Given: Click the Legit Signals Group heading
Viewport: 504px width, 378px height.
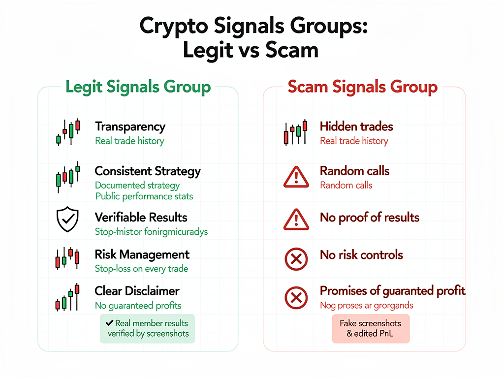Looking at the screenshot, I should click(138, 87).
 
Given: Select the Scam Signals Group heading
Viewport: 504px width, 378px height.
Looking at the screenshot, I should click(362, 87).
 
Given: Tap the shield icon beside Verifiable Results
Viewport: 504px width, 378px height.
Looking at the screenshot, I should click(67, 220).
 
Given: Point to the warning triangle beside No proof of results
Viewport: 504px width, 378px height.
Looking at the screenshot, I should click(296, 220).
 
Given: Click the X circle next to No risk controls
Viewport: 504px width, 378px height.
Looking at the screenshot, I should click(296, 259).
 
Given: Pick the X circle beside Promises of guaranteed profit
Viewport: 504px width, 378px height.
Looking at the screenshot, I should click(296, 297).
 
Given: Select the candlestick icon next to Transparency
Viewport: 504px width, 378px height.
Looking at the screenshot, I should click(68, 132).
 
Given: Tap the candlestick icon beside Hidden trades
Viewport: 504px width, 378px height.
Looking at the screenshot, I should click(295, 132).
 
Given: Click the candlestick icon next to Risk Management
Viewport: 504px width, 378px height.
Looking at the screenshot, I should click(67, 258).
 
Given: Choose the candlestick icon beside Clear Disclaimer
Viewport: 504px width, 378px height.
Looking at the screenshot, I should click(67, 298).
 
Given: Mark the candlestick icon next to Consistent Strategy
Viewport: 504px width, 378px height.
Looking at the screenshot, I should click(68, 177).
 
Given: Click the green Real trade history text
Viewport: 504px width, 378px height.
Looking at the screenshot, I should click(129, 141).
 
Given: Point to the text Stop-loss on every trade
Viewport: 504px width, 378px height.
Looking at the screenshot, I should click(141, 269).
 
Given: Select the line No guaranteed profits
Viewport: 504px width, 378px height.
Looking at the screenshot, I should click(138, 306).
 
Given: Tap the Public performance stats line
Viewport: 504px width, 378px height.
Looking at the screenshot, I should click(144, 196).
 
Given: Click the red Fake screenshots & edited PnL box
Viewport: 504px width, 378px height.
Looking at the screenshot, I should click(370, 329).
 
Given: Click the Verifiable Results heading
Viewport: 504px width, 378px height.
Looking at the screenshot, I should click(141, 217).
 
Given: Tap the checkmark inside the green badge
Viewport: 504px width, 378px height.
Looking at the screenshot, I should click(109, 323).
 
